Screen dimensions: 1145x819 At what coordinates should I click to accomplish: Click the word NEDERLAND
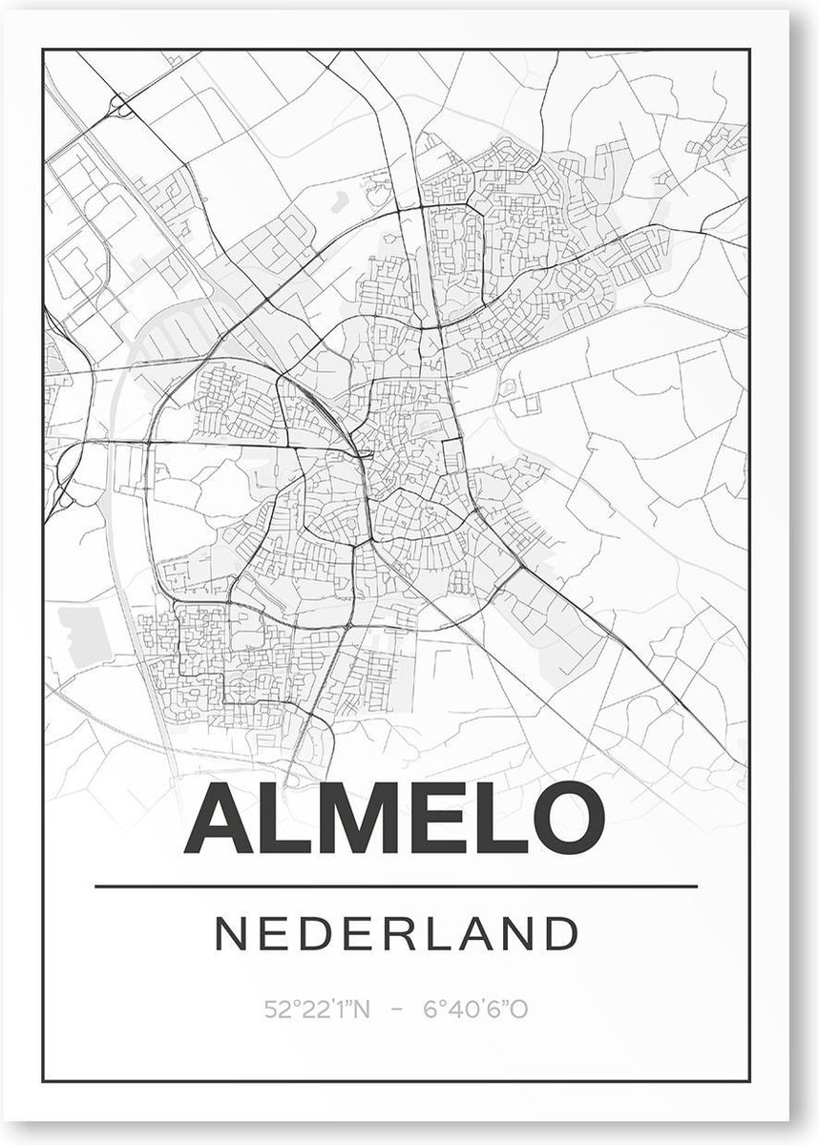pyautogui.click(x=397, y=934)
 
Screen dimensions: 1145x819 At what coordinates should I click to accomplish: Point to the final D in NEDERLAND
pyautogui.click(x=561, y=934)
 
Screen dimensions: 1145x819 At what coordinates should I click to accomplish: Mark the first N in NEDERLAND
pyautogui.click(x=233, y=934)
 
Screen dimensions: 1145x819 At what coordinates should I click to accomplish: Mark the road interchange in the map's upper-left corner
pyautogui.click(x=119, y=102)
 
